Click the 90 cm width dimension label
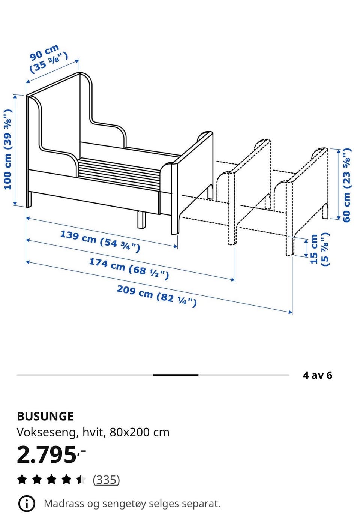[49, 59]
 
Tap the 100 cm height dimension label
[8, 149]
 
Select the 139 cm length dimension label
[100, 241]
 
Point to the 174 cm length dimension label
[129, 269]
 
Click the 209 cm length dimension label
[157, 296]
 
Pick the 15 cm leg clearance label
[319, 249]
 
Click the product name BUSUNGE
[45, 417]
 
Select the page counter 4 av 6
[318, 375]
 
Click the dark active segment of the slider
[175, 375]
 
